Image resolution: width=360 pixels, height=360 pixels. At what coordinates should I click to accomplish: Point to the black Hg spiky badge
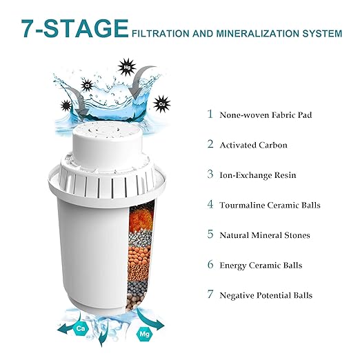[126, 66]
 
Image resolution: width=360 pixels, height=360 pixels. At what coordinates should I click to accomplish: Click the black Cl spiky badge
[88, 86]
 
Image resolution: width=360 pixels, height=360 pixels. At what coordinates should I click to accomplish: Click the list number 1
[210, 114]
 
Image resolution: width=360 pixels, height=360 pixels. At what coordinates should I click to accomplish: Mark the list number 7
[210, 295]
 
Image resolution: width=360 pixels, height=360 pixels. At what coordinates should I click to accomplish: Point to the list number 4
[210, 205]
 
